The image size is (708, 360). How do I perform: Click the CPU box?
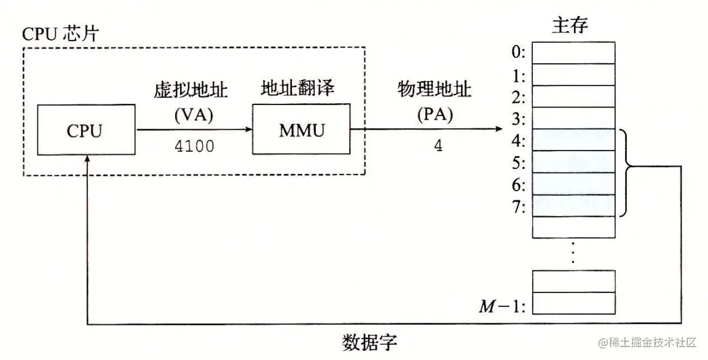[86, 130]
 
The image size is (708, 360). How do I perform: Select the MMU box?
[301, 130]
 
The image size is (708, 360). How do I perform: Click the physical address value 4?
[438, 148]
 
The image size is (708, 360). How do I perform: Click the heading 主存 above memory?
[570, 25]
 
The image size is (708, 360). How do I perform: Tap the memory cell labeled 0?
[573, 53]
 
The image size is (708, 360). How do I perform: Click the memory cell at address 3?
[573, 119]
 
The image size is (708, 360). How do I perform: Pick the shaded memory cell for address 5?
[573, 162]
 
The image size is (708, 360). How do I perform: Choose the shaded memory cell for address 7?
[573, 206]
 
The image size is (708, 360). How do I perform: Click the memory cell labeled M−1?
[573, 303]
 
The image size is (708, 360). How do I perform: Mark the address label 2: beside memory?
[518, 97]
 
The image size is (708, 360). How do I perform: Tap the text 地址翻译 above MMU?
[297, 90]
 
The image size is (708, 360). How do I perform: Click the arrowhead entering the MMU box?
[248, 130]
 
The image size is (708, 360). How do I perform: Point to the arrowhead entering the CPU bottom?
[88, 158]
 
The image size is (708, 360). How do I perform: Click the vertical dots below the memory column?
[573, 252]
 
